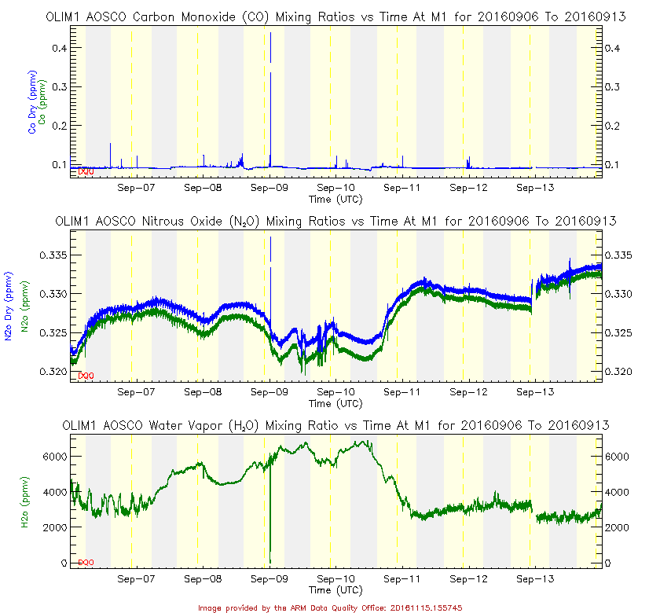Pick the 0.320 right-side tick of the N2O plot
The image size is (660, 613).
[x=619, y=370]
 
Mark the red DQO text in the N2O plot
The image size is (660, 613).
[x=86, y=376]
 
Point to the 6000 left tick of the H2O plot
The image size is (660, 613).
[x=52, y=456]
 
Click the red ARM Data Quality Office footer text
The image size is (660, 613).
[x=330, y=607]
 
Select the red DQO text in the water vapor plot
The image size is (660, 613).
[x=86, y=562]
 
